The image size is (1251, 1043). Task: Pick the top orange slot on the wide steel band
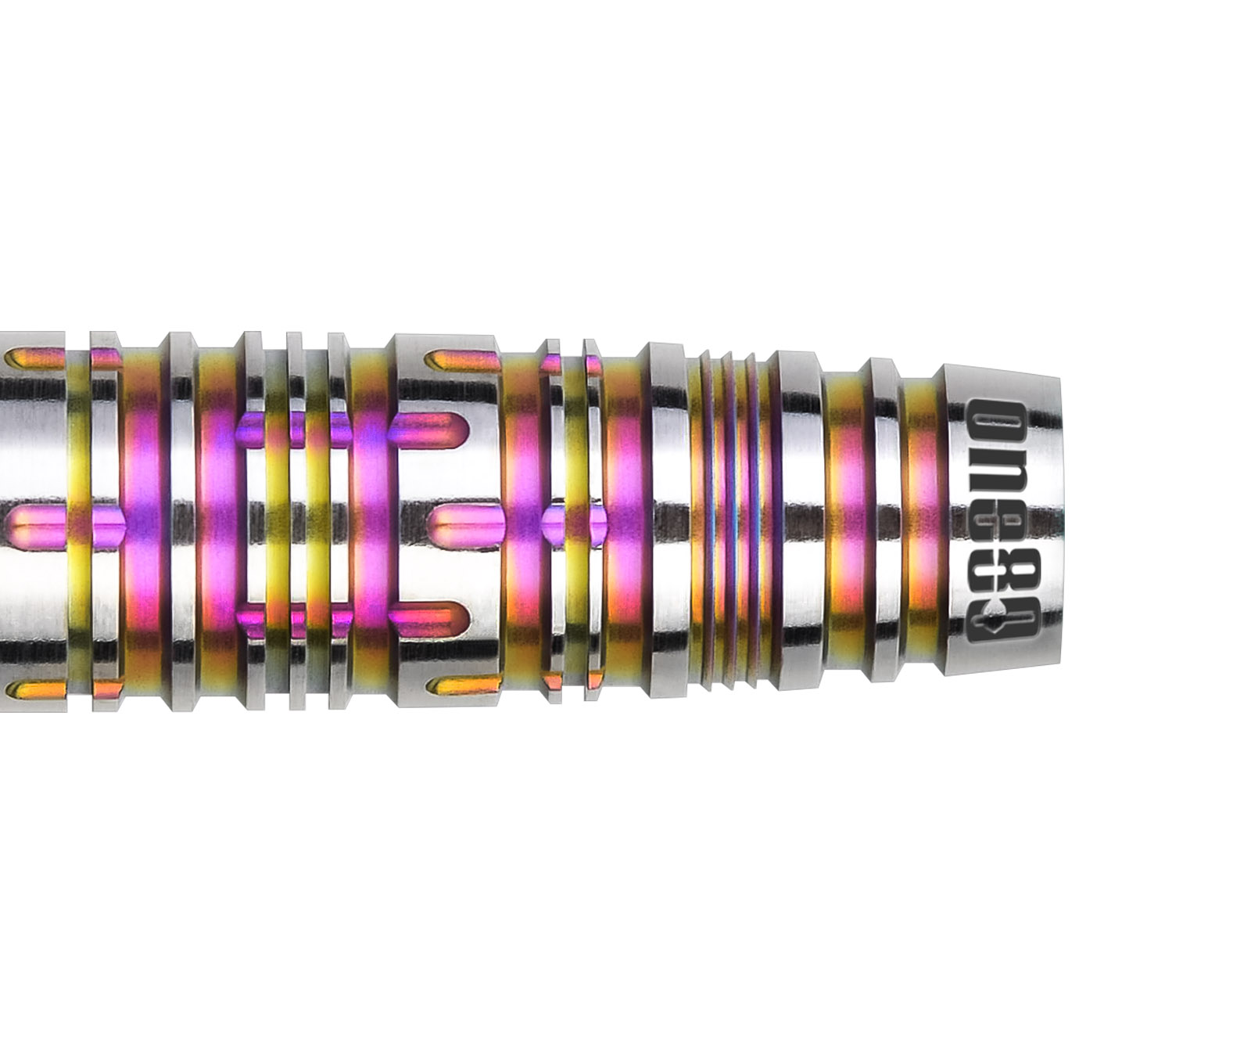point(461,359)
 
